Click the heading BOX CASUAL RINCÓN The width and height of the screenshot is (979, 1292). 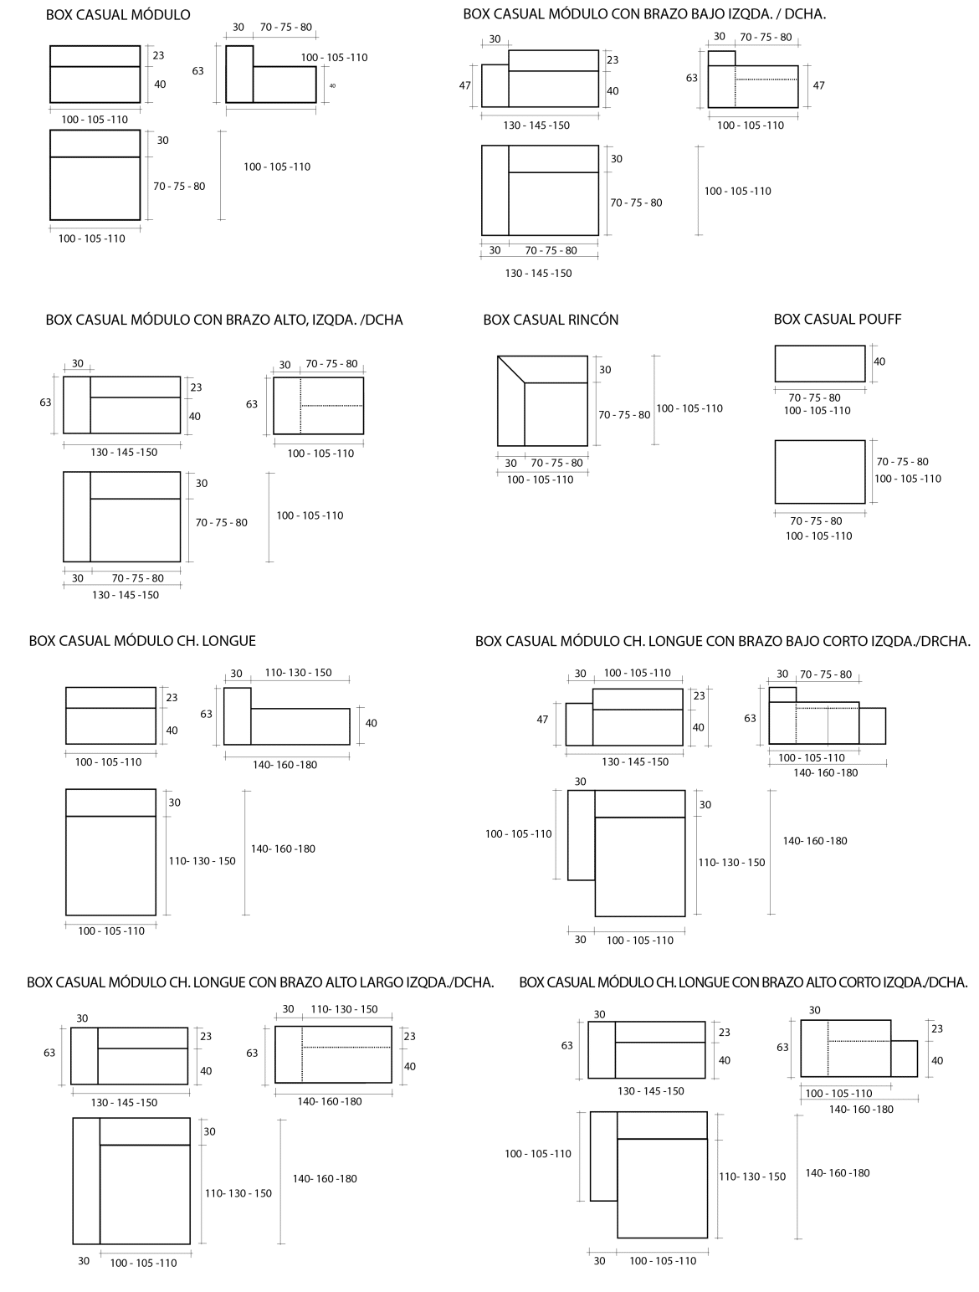(x=551, y=320)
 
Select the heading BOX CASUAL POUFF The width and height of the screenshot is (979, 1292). (x=838, y=319)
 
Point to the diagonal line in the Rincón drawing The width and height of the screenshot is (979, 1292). (x=511, y=370)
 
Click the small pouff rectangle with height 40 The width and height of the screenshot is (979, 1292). (x=819, y=364)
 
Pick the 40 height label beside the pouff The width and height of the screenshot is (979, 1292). (x=879, y=361)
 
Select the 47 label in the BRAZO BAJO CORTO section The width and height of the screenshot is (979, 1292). (x=542, y=719)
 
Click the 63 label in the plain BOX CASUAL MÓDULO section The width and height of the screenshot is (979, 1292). (x=197, y=71)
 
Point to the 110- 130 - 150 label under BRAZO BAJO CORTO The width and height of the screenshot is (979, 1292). (x=731, y=862)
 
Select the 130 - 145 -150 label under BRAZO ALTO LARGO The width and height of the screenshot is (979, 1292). (x=124, y=1102)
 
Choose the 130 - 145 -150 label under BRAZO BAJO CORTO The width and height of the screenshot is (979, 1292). (x=635, y=761)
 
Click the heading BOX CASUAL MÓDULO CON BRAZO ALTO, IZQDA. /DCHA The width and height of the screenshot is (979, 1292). (x=224, y=320)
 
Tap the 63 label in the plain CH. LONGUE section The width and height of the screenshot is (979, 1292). (x=206, y=714)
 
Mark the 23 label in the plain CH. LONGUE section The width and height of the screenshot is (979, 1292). (x=172, y=697)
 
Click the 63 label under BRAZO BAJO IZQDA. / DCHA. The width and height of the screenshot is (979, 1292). (x=692, y=78)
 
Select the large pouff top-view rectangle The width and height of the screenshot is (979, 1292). (x=819, y=472)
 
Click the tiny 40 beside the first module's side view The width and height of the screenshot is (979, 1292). (x=332, y=85)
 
